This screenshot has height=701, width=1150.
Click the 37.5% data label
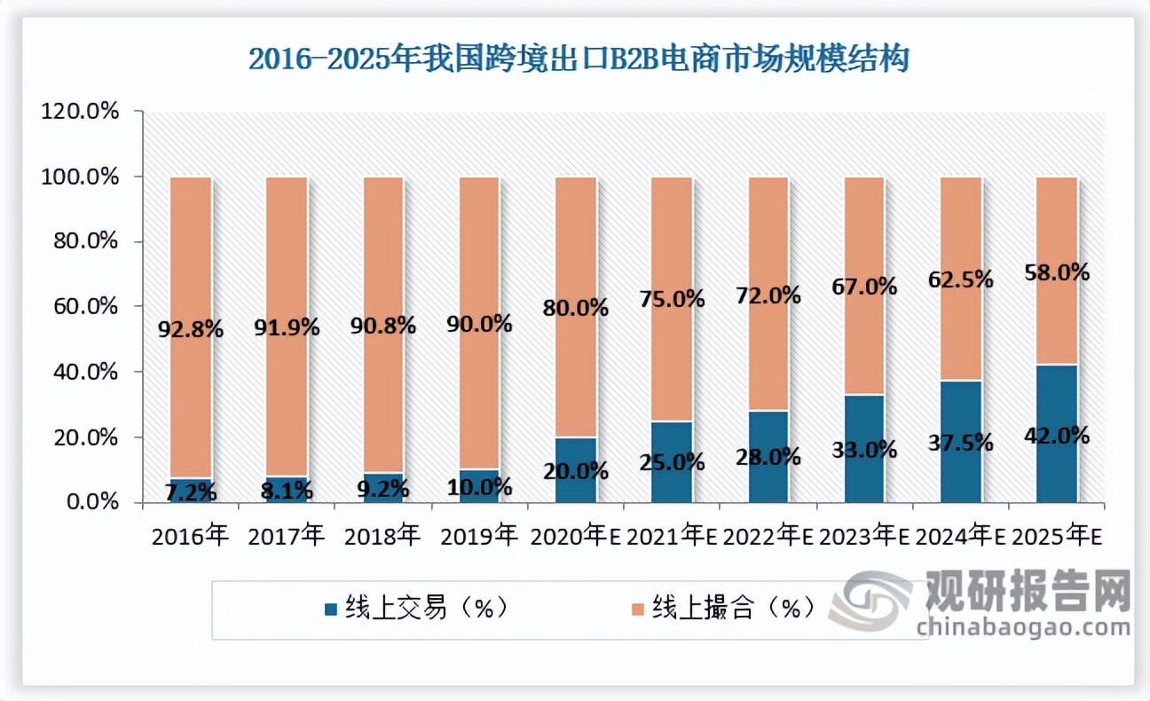pyautogui.click(x=961, y=441)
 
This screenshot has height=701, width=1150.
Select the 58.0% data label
pyautogui.click(x=1056, y=273)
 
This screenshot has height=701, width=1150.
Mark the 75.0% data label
pyautogui.click(x=672, y=299)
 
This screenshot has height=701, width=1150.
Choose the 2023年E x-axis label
pyautogui.click(x=864, y=536)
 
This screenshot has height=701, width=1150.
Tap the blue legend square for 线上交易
pyautogui.click(x=331, y=610)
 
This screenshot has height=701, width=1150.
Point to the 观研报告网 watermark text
pyautogui.click(x=1028, y=590)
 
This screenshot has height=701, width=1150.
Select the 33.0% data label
pyautogui.click(x=863, y=450)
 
